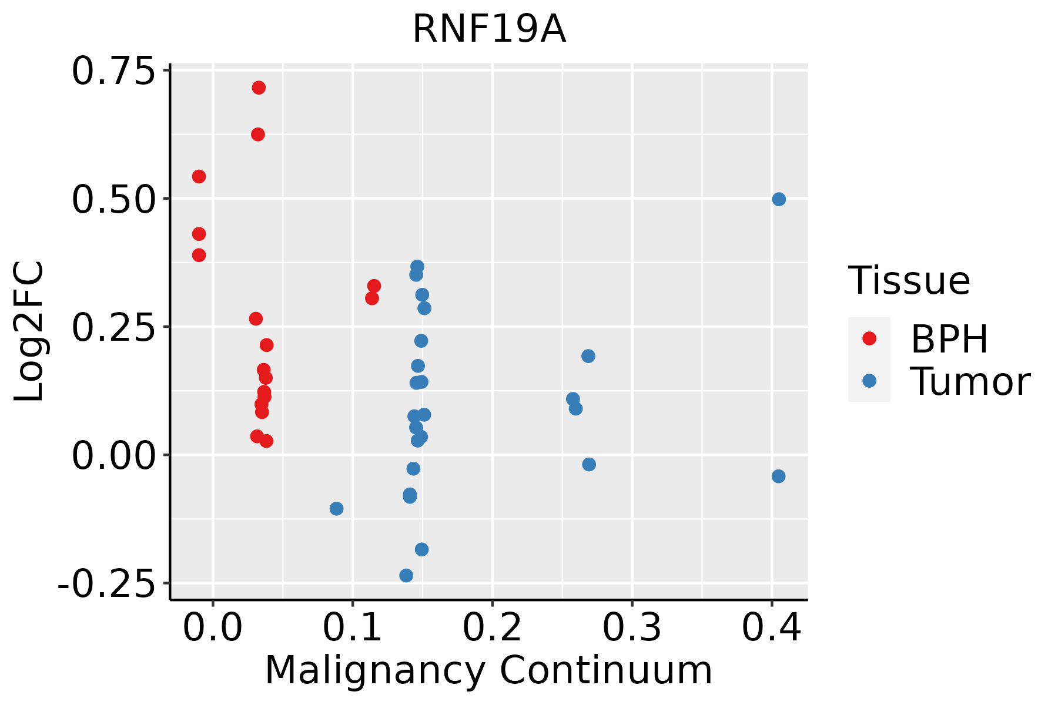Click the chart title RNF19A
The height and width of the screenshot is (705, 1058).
point(489,29)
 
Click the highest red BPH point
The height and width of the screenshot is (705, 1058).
point(259,88)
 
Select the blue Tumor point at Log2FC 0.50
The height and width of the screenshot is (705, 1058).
point(779,199)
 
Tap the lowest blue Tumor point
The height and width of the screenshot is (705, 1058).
point(406,575)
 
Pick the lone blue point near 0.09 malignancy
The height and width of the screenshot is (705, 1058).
point(336,508)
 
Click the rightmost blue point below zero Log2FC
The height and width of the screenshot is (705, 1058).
point(778,476)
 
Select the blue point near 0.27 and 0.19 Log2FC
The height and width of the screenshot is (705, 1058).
point(588,356)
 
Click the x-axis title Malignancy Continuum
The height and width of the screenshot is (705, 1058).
point(488,671)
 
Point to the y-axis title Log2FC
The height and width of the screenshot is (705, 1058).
point(29,332)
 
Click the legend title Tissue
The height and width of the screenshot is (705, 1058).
point(909,281)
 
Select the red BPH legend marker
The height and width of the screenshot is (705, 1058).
point(869,338)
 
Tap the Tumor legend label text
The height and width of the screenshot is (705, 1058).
point(970,382)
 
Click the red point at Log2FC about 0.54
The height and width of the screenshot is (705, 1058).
point(199,176)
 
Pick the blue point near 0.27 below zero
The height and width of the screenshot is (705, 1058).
point(589,464)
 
